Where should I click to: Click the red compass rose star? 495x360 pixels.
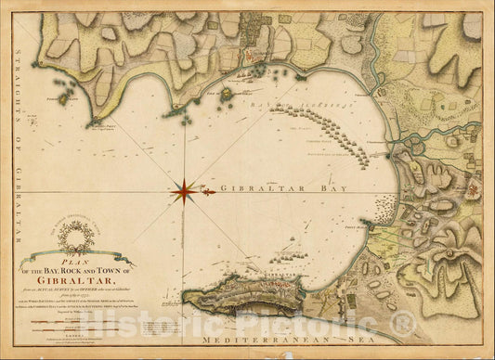tap(183, 192)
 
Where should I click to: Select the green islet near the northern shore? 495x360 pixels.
tap(225, 93)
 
